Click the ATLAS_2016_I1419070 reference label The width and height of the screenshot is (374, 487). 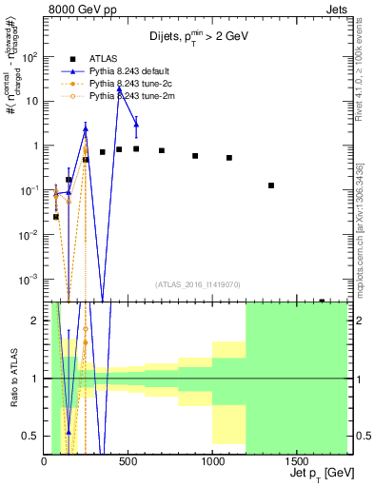pyautogui.click(x=198, y=283)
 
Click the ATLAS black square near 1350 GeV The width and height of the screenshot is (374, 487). pyautogui.click(x=271, y=185)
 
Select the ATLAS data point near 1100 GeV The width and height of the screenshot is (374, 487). pyautogui.click(x=229, y=158)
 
